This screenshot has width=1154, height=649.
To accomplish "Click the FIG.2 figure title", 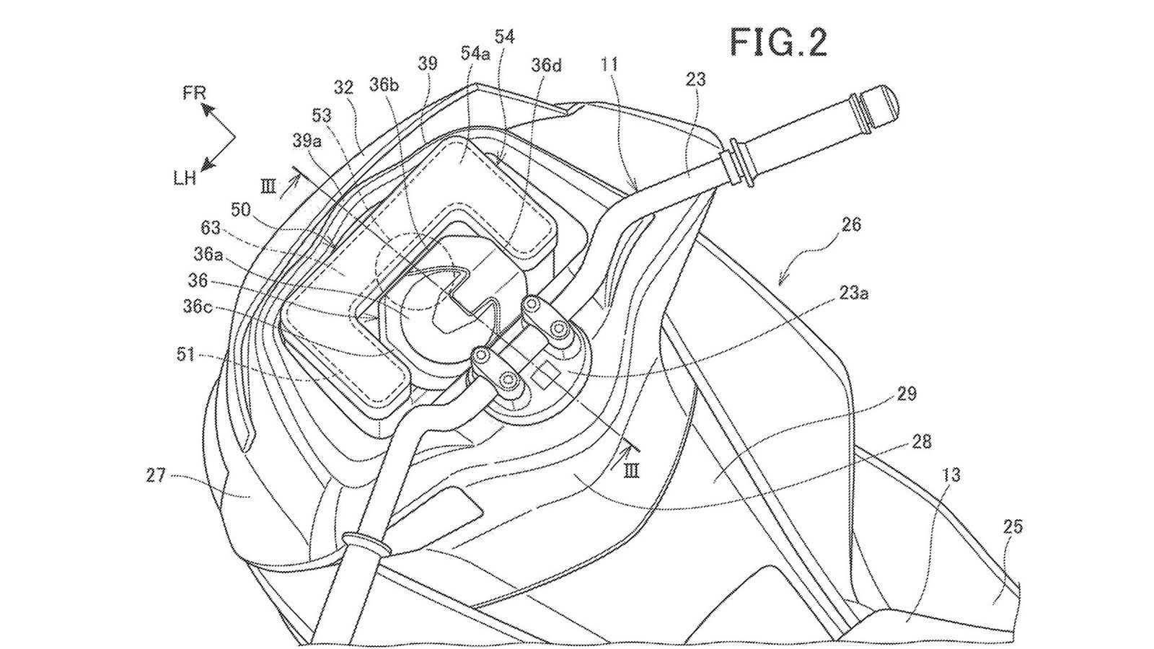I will [x=778, y=43].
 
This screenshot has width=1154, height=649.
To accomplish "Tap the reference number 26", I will [x=851, y=224].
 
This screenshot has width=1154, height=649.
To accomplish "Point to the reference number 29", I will [x=907, y=394].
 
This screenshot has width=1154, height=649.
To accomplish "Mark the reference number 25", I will [x=1013, y=527].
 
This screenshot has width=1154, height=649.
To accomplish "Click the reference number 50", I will [x=243, y=210].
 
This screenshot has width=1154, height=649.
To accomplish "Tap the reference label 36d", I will [x=546, y=66].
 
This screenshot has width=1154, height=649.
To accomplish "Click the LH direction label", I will [x=185, y=178].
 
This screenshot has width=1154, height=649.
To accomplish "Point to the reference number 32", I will [x=344, y=88].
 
